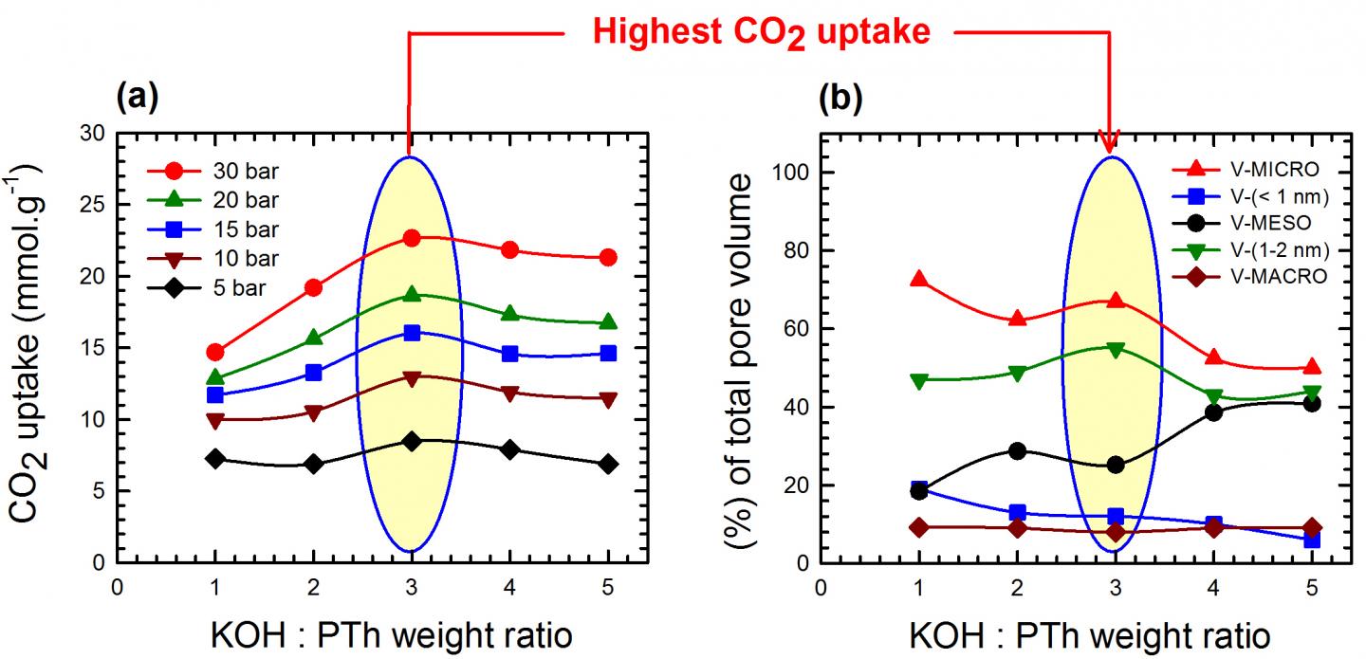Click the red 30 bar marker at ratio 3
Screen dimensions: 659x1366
(x=411, y=238)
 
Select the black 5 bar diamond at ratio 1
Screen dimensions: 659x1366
(x=214, y=459)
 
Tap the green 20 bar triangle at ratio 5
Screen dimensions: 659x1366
(x=608, y=322)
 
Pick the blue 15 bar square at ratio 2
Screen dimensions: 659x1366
(x=313, y=373)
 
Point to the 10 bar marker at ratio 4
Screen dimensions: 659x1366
(x=509, y=393)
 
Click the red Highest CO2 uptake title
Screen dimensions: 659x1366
(x=762, y=33)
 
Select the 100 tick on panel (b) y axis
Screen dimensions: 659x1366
(x=789, y=173)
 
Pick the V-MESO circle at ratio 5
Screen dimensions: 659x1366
(x=1312, y=404)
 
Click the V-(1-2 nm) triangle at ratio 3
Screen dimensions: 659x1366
(x=1115, y=349)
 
